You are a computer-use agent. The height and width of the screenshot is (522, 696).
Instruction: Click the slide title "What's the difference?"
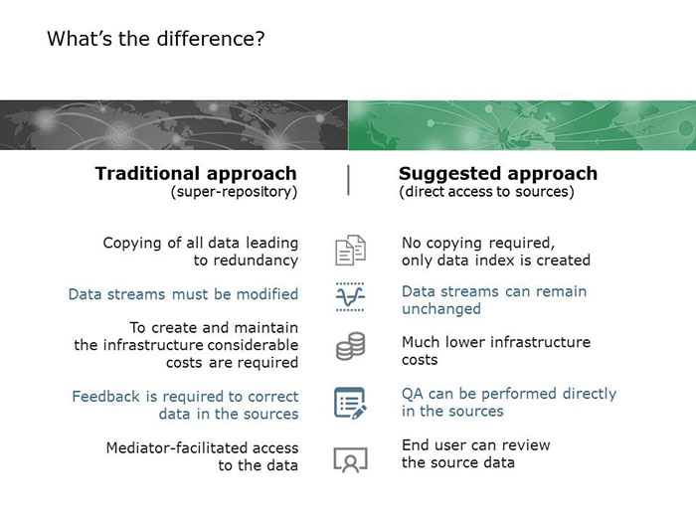point(156,39)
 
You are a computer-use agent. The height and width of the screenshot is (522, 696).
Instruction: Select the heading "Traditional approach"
point(196,173)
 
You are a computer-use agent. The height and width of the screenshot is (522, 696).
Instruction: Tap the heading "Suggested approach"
point(498,173)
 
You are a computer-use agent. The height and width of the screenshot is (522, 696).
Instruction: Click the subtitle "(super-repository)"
point(234,192)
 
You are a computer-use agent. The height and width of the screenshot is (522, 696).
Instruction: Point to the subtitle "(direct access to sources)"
point(486,192)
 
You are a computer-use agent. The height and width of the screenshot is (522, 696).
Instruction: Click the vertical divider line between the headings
point(348,180)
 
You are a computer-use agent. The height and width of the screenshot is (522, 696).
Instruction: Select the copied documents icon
point(350,251)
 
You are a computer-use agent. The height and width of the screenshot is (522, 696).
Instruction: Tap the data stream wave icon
point(350,296)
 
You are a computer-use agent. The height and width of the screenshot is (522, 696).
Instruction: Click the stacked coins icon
point(351,346)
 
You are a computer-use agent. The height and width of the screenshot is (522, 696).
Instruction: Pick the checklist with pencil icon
point(350,403)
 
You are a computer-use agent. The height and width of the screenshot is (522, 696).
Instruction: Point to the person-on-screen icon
point(351,459)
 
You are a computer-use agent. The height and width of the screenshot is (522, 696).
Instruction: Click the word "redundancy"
point(256,261)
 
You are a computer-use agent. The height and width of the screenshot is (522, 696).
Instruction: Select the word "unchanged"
point(441,308)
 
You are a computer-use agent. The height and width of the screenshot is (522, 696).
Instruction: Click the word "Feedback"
point(105,397)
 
